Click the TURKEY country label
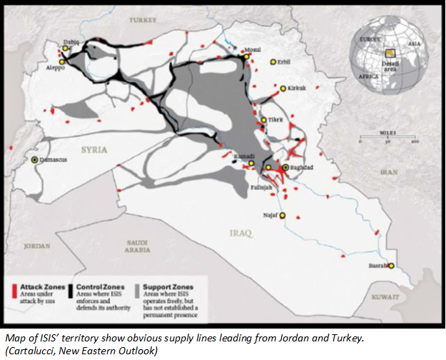tap(142, 21)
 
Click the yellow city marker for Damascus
tap(34, 160)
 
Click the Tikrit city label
tap(275, 120)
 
